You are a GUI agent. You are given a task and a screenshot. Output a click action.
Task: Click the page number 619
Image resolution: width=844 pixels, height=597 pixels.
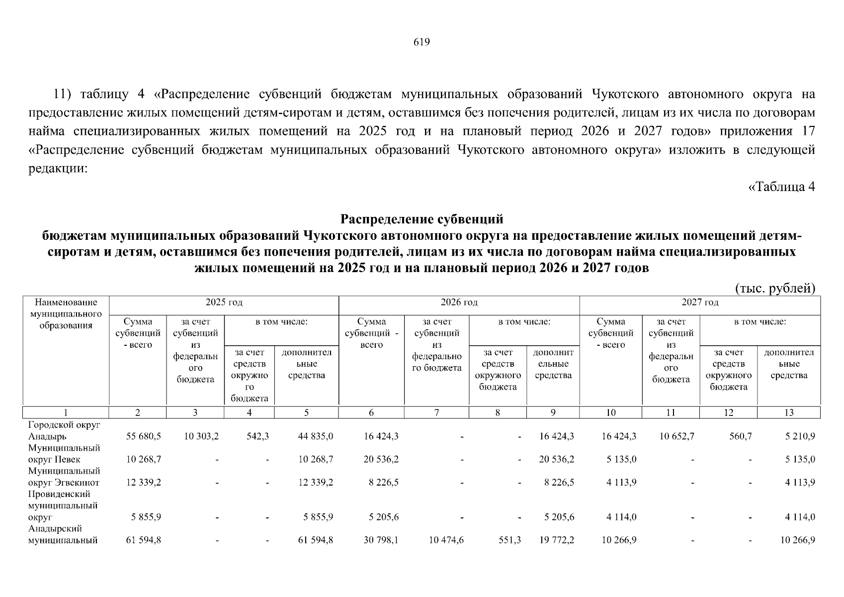pos(422,42)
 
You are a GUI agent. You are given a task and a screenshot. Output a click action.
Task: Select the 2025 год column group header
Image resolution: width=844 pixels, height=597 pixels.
pos(224,302)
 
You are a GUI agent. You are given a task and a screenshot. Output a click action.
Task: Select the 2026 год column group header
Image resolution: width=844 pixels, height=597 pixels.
pos(459,302)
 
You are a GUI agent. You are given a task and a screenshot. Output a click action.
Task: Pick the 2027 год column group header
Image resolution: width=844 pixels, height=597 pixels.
pos(699,302)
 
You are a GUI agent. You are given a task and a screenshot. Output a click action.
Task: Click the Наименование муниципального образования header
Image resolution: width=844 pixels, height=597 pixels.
pos(66,314)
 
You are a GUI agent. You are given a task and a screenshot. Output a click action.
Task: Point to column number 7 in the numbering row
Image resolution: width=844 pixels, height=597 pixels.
pos(436,412)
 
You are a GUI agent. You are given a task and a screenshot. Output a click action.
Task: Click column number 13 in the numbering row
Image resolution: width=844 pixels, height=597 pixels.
pos(788,412)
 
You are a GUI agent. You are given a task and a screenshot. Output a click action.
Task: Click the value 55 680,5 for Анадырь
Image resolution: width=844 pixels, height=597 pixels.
pos(144,436)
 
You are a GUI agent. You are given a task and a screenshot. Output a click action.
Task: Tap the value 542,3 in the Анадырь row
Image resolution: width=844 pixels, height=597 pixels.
pos(257,436)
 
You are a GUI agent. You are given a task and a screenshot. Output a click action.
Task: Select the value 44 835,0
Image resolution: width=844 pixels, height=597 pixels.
pos(315,436)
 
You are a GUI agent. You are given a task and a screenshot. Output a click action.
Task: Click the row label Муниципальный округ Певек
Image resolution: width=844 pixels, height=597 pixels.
pos(64,454)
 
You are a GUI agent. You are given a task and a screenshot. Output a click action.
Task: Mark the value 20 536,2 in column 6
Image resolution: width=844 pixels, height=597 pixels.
pos(381,459)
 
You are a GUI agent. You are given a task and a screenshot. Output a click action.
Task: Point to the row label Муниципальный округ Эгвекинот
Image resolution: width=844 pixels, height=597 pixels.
pos(64,477)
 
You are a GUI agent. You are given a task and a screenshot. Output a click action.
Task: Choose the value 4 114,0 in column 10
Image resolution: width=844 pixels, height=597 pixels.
pos(621,517)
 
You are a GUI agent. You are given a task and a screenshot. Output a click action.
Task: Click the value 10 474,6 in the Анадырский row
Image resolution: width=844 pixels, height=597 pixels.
pos(446,540)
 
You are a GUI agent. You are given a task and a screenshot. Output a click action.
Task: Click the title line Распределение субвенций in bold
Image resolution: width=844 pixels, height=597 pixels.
pos(422,219)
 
